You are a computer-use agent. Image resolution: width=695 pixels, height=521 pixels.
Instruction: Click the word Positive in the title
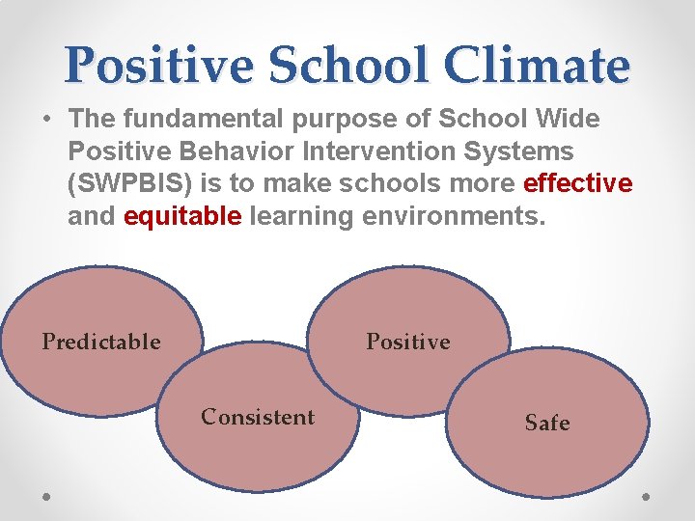pos(160,65)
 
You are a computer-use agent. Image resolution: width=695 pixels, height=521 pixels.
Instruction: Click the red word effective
pos(577,183)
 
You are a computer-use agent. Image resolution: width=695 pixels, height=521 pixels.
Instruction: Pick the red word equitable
pos(182,216)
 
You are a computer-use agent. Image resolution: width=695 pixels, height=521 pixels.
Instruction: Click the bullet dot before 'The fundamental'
pos(46,121)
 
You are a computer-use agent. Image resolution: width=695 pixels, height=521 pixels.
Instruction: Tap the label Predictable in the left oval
pos(101,342)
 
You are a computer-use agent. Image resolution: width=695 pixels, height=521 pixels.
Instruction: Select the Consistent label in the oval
pos(258,417)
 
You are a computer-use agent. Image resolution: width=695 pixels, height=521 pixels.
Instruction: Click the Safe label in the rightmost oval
pos(547,423)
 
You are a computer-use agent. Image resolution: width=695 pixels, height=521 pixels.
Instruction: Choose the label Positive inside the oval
pos(407,342)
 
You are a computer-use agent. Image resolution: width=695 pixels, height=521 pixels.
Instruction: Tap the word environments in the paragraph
pos(454,216)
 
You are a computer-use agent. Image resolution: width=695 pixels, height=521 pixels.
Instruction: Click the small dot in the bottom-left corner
pos(47,497)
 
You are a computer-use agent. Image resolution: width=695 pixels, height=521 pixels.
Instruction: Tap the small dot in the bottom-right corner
pos(647,497)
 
